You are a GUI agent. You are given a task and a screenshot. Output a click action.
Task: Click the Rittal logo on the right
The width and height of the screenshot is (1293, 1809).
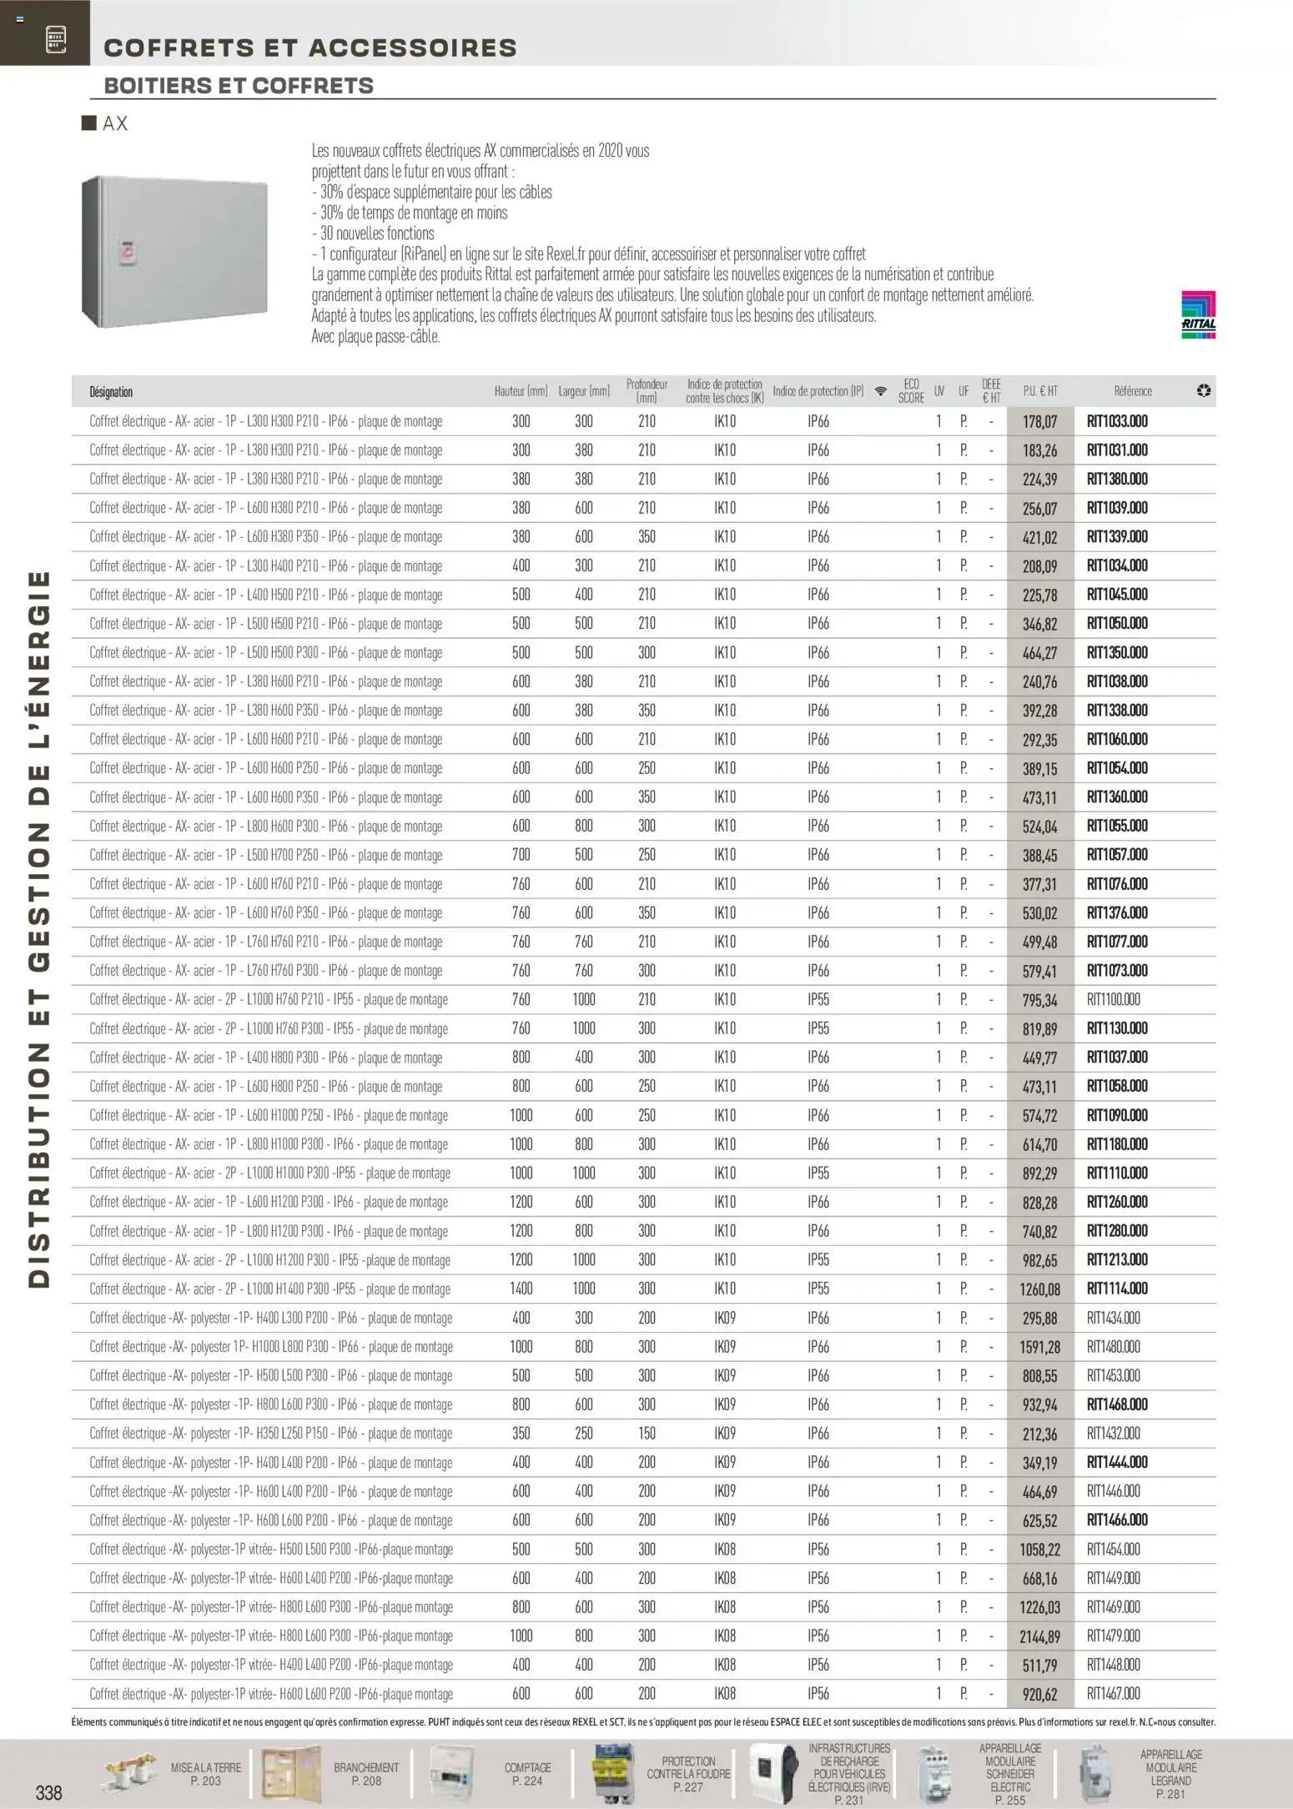(1198, 315)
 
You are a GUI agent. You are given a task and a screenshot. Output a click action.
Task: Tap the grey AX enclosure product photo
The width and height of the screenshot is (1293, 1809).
(175, 251)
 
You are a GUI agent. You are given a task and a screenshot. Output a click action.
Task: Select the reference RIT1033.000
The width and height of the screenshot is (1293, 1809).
(1117, 421)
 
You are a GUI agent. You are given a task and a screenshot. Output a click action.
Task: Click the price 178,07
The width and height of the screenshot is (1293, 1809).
(1039, 422)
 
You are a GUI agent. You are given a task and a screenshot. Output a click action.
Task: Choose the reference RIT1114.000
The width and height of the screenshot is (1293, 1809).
(1117, 1289)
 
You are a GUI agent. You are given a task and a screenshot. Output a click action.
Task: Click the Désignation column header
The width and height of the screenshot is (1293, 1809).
(111, 392)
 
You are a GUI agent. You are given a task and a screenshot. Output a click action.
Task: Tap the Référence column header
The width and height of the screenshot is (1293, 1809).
(1133, 391)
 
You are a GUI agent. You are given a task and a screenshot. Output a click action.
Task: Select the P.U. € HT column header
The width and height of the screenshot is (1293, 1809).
(1040, 391)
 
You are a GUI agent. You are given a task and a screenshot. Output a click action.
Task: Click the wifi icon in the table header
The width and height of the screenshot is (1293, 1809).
(880, 391)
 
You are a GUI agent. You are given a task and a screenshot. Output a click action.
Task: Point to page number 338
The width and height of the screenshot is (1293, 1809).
(48, 1791)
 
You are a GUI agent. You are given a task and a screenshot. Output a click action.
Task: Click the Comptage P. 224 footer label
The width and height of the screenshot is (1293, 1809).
(527, 1774)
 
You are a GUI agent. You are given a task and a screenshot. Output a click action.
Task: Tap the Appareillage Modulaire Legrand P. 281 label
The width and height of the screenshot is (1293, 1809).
(1170, 1774)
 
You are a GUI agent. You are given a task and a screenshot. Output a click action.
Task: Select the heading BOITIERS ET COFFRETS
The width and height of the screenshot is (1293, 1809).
(239, 86)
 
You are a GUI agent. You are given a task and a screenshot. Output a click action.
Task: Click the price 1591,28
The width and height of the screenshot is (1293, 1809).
(1039, 1347)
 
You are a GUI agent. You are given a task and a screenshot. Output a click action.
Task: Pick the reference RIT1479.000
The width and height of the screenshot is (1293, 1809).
(1113, 1636)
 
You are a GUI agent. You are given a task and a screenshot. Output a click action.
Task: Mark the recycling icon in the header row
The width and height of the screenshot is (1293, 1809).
(1203, 391)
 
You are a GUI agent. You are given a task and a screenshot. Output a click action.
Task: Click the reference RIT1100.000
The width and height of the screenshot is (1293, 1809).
(1113, 999)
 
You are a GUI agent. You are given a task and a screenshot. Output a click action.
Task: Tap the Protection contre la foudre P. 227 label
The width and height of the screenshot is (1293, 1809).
(688, 1774)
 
